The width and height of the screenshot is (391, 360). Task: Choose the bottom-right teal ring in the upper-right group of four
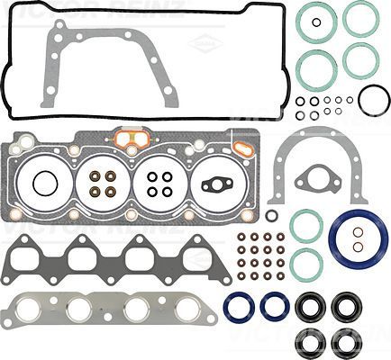pyautogui.click(x=360, y=60)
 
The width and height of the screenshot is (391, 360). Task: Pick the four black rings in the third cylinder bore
pyautogui.click(x=160, y=184)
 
